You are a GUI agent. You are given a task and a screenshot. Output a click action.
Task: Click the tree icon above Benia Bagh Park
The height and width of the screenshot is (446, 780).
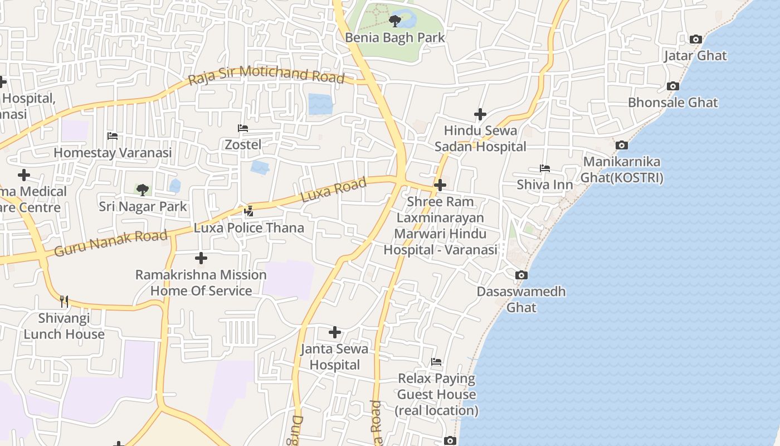coord(395,22)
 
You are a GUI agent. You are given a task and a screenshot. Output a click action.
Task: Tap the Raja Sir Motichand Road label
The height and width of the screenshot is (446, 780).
coord(266,75)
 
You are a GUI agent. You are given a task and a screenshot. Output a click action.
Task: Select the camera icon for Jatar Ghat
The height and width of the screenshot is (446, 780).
coord(695,39)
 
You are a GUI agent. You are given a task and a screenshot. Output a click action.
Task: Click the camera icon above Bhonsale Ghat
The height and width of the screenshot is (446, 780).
coord(673,86)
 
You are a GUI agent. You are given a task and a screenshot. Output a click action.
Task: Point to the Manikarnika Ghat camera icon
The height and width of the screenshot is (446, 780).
coord(622,145)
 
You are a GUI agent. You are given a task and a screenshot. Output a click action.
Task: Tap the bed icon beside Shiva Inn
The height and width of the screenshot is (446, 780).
coord(545,168)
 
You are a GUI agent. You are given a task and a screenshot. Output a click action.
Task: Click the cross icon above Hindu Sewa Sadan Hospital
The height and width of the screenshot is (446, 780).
coord(480,114)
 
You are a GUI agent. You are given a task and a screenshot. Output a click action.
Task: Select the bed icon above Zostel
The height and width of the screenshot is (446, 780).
coord(243,128)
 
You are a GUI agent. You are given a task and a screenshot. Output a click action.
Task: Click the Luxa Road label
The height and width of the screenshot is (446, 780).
coord(334,190)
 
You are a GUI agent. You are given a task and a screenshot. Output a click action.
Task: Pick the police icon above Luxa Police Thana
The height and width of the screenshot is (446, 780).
coord(249,211)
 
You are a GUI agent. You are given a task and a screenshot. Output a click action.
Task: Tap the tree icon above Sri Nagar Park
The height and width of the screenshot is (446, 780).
coord(143,190)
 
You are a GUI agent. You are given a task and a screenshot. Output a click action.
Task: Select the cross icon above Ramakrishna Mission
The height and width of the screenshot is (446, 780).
coord(201,258)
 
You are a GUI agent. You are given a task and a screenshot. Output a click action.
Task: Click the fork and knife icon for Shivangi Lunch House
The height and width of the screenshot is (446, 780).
coord(64,302)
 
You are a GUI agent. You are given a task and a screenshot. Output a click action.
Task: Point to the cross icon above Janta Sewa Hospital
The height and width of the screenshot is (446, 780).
coord(335,332)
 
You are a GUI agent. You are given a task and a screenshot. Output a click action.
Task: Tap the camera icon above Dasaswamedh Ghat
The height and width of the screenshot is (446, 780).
coord(521,275)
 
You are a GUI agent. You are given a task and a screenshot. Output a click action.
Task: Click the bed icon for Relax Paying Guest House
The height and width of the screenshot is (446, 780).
coord(436,362)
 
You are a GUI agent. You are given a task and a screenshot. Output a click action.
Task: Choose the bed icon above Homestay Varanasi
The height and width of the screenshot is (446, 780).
coord(113,135)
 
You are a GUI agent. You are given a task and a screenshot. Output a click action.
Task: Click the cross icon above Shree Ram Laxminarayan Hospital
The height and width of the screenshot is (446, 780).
coord(440,185)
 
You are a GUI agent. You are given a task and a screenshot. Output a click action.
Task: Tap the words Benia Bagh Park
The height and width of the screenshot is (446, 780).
coord(395,37)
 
